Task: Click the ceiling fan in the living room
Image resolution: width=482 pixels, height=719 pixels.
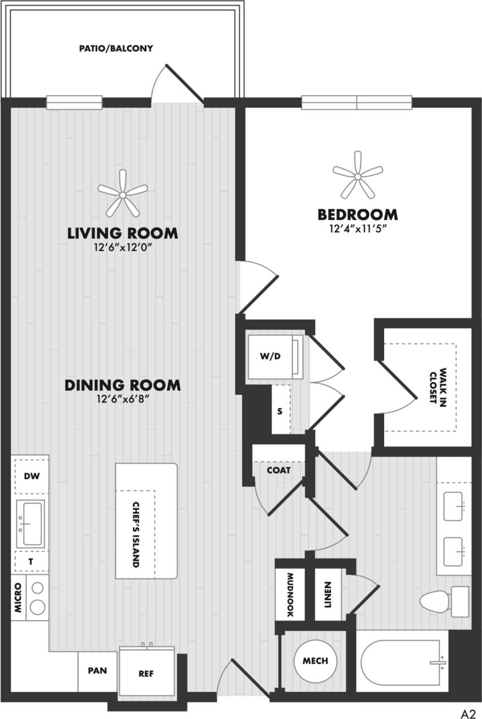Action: pos(122,194)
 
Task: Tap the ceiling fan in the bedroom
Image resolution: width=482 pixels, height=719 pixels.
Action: pos(358,176)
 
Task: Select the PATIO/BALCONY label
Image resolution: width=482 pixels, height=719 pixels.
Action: pos(116,49)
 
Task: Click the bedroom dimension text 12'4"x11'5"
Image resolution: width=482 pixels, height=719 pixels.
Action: pos(358,229)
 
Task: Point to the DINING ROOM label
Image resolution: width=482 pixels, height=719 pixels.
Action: pos(123,385)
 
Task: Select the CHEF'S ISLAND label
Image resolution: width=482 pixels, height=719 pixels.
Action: pos(136,534)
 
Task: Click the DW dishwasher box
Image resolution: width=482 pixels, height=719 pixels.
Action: pos(32,476)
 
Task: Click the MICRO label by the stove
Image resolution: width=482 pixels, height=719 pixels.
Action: pos(18,599)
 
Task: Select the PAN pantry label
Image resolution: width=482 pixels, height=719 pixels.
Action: pos(97,671)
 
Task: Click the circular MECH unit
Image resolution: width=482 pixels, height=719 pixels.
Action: pos(315,661)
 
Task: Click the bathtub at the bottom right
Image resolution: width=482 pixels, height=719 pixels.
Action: pos(402,661)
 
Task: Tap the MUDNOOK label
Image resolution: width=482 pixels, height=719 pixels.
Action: pos(290,595)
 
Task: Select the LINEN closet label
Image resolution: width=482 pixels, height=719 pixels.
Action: pos(328,596)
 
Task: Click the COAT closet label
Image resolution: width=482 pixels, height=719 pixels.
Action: pos(279,470)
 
